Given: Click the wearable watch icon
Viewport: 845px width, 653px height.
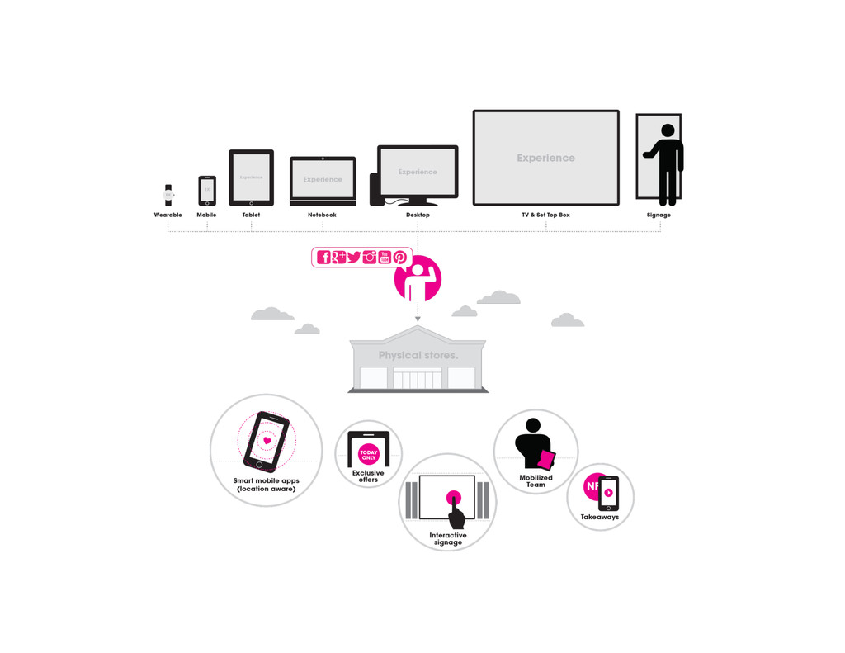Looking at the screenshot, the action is (x=168, y=195).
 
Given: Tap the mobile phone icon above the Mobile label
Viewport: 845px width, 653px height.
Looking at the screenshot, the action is (x=207, y=191).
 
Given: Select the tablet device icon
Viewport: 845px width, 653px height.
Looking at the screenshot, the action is (x=251, y=177).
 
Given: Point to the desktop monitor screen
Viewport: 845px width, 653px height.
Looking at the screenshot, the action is (x=418, y=172).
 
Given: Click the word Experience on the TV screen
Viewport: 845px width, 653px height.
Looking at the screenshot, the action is (x=545, y=158).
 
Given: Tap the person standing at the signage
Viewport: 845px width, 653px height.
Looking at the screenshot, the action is (x=666, y=163).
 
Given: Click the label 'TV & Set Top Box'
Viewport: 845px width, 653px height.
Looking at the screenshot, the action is (x=545, y=215).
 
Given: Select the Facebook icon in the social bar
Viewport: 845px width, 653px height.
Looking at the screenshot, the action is (x=324, y=257).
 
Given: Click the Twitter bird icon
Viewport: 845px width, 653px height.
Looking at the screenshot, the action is (x=354, y=257).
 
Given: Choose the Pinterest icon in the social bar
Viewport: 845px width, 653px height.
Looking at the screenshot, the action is (x=400, y=257).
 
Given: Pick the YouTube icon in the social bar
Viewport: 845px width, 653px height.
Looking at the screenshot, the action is (x=385, y=257).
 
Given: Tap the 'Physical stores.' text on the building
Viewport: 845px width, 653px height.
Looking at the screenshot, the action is (x=418, y=355).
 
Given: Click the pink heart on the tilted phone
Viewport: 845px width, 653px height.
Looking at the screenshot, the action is (x=267, y=440).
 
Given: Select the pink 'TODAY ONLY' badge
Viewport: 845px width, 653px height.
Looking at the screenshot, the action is (x=369, y=454).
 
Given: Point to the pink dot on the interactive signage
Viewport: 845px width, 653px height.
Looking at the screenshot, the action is (x=453, y=498).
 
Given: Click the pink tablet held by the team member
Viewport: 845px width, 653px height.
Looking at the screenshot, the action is (x=546, y=459).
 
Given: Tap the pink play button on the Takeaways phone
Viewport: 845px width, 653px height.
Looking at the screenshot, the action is (x=609, y=493).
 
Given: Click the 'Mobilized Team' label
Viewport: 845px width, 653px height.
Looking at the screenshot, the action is (x=536, y=481).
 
